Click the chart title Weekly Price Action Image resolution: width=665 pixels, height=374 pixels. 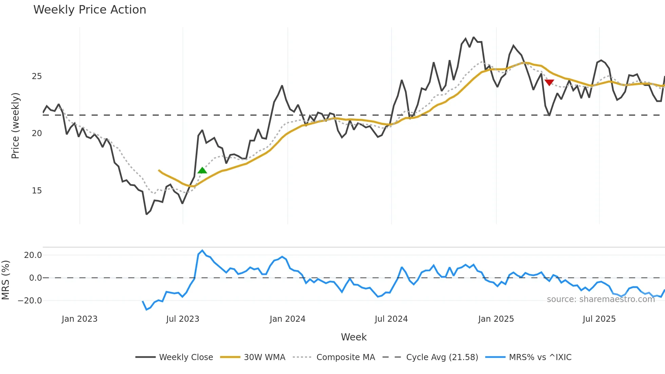click(90, 10)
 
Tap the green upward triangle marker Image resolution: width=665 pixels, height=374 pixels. click(202, 170)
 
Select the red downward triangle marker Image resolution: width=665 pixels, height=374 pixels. click(549, 82)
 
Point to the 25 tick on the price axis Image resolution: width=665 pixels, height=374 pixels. click(37, 76)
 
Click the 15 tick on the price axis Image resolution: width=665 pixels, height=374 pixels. click(37, 191)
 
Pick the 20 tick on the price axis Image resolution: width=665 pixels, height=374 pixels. click(37, 133)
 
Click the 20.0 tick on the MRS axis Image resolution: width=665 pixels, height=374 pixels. click(33, 255)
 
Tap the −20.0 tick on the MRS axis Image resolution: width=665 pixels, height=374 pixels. click(30, 301)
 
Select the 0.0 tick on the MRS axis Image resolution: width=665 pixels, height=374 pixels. click(35, 278)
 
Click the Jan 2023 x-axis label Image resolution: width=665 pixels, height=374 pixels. click(79, 319)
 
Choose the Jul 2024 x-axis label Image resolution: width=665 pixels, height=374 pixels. click(391, 319)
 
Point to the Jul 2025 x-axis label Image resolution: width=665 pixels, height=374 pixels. click(599, 319)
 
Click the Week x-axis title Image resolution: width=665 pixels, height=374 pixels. click(354, 337)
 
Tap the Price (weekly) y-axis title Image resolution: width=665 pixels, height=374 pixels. click(16, 126)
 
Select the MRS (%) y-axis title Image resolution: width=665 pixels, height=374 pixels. click(5, 280)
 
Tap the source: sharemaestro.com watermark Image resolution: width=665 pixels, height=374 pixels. click(601, 299)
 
